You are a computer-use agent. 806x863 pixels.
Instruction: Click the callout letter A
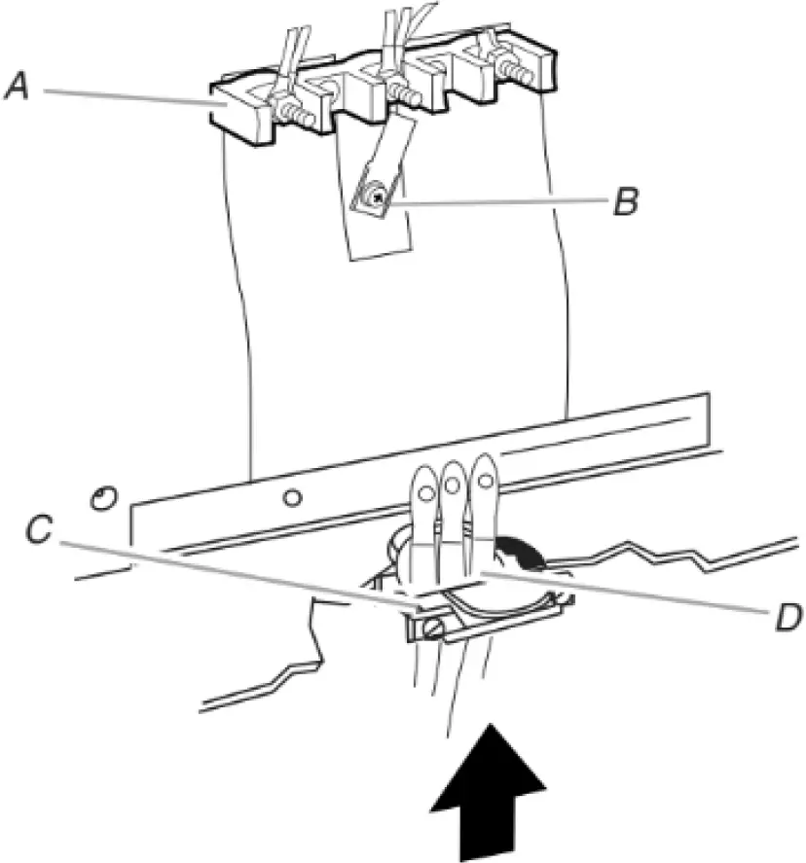tap(18, 88)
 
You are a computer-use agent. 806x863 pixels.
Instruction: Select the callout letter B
tap(626, 202)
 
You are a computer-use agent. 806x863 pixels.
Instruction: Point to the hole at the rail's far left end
tap(100, 499)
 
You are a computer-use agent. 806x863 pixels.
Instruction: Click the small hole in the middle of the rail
tap(289, 498)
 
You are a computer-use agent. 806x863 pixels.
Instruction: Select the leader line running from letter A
tap(127, 94)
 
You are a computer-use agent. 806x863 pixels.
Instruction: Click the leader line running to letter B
tap(496, 202)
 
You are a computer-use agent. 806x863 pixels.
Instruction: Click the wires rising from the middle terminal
tap(396, 24)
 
